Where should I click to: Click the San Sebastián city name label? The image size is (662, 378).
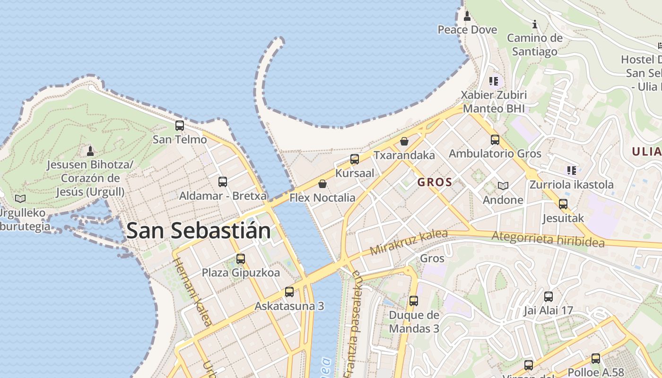(x=199, y=231)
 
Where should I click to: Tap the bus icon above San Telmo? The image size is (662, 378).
(x=180, y=126)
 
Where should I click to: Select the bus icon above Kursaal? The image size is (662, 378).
(x=355, y=159)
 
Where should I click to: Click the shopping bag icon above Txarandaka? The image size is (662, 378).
(x=404, y=141)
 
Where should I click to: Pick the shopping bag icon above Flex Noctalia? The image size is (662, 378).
(x=322, y=183)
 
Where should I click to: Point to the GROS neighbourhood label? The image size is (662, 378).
(x=435, y=182)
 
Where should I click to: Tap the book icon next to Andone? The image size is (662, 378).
(x=503, y=186)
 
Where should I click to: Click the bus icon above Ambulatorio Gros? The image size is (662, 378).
(x=495, y=140)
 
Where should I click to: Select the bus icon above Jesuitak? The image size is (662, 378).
(x=563, y=204)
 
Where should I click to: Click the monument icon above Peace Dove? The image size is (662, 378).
(x=467, y=16)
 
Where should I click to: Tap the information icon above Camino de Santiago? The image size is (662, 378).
(x=535, y=24)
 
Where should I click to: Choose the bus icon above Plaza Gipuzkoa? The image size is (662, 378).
(x=241, y=259)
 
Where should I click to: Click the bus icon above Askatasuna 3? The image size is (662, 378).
(x=289, y=292)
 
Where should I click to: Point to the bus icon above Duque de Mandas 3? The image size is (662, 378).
(x=414, y=301)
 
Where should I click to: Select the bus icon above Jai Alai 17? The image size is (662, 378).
(x=549, y=297)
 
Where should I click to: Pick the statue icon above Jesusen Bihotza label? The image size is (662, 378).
(x=90, y=151)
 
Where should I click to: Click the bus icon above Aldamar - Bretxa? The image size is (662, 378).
(x=223, y=181)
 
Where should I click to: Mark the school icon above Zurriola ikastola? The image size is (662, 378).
(x=572, y=170)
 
